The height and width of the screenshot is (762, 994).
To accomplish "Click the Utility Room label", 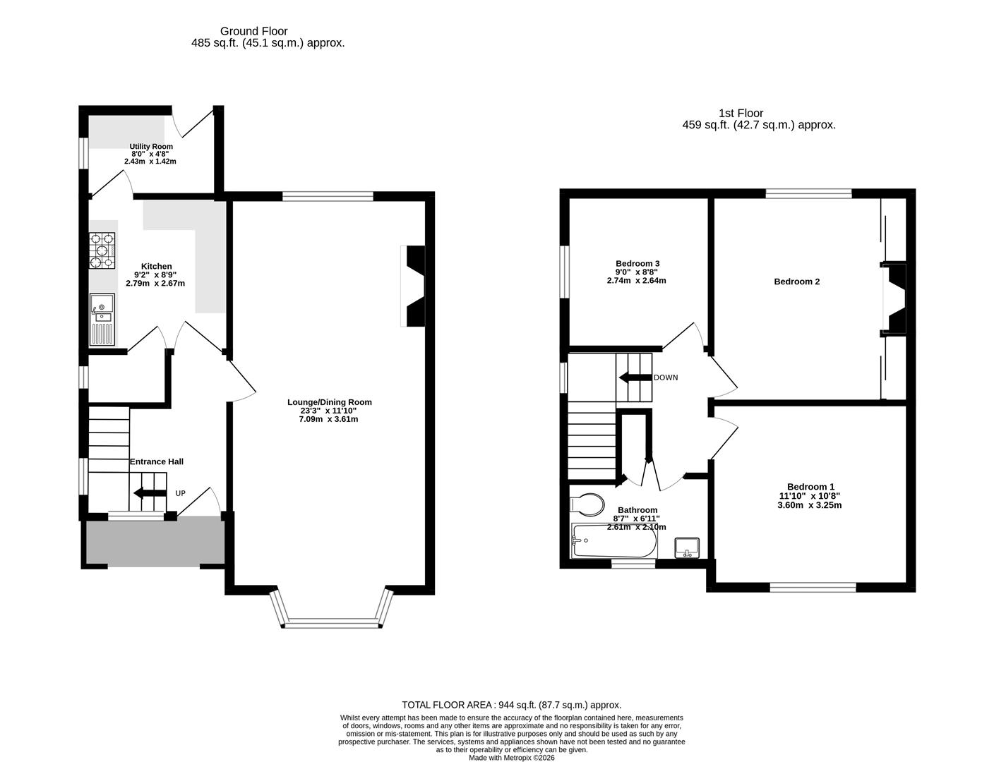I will tap(150, 147).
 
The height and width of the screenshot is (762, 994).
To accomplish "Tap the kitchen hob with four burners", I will tap(102, 250).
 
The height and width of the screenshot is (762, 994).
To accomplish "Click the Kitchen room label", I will tap(156, 266).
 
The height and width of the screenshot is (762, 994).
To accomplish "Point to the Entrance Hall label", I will tap(156, 461).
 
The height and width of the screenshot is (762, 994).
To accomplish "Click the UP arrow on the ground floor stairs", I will tap(149, 493).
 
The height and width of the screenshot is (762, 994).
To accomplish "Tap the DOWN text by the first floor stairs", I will tap(665, 377).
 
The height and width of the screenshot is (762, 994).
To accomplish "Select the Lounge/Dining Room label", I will tap(329, 402).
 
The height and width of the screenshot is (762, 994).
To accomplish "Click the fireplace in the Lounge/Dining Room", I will tap(414, 286).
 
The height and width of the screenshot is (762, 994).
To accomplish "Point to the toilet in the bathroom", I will tap(587, 504).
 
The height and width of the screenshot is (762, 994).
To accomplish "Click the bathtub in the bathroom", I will tap(613, 541).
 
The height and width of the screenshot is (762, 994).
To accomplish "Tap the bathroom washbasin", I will tap(686, 548).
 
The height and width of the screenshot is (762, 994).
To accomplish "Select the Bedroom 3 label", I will tap(637, 263).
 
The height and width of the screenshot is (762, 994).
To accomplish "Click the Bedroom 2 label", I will tap(796, 282).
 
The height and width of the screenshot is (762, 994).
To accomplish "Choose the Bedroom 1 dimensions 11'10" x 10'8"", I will tap(810, 496).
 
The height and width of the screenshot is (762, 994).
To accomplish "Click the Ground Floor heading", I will tap(253, 31).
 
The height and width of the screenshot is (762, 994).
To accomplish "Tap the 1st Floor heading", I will tap(741, 113).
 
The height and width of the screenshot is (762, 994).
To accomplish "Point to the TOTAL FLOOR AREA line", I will tap(511, 704).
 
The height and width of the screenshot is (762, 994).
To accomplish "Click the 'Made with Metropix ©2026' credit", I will tap(512, 758).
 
